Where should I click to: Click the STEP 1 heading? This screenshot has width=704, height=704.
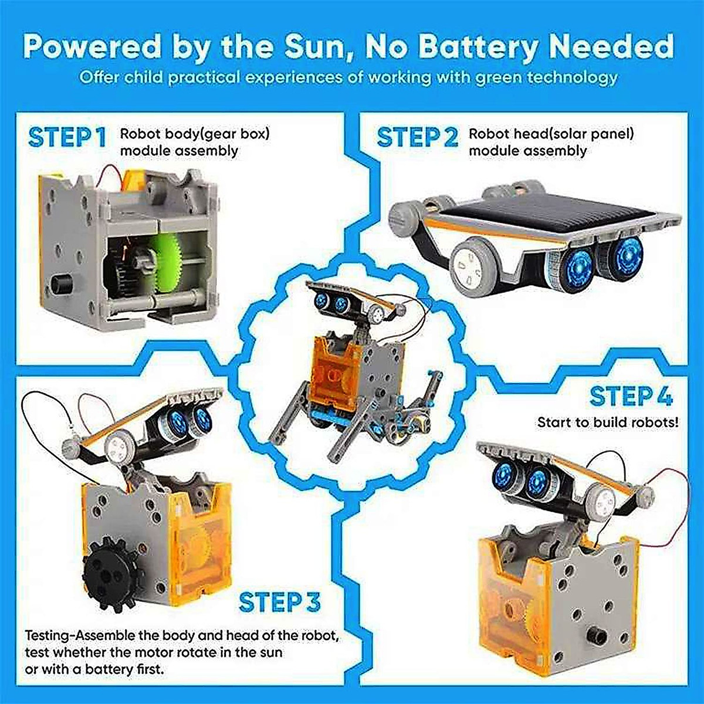tap(67, 137)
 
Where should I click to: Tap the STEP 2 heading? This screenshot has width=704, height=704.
tap(417, 137)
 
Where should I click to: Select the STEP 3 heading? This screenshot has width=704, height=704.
tap(280, 603)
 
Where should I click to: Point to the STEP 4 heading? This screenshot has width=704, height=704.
tap(631, 397)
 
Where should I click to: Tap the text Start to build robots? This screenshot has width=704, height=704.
tap(608, 422)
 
